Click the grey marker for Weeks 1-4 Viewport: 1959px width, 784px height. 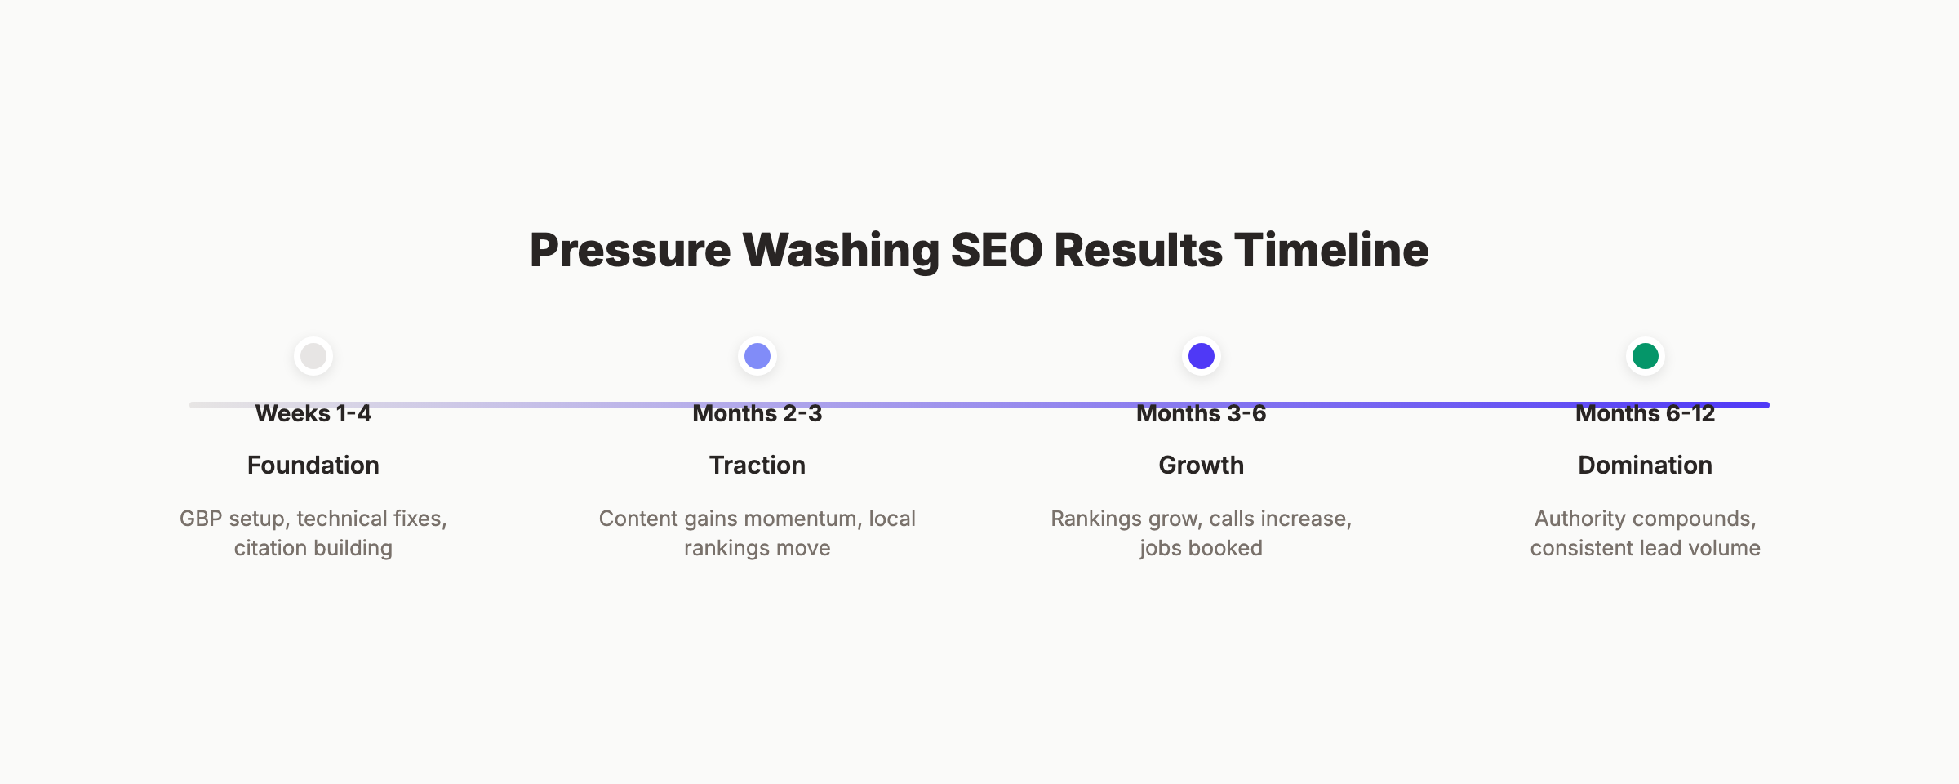313,356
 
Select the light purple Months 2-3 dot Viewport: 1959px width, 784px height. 757,356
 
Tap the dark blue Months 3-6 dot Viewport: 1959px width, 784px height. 1202,356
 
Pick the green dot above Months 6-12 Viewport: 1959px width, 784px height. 1646,356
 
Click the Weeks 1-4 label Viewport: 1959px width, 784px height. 313,414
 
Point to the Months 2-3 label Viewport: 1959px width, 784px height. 757,414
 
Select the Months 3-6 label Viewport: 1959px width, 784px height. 1202,414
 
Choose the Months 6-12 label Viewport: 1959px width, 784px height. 1646,414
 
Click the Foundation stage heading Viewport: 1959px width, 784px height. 313,465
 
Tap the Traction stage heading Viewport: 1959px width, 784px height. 757,465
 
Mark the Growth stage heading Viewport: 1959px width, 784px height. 1202,465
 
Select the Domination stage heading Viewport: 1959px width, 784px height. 1646,465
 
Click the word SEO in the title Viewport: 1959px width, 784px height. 997,250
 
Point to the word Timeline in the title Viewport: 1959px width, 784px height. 1331,250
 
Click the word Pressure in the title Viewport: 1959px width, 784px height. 629,250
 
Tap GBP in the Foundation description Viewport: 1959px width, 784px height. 201,519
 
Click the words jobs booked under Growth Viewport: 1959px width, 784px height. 1202,549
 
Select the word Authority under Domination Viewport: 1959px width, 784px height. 1580,519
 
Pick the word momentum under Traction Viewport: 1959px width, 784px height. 788,519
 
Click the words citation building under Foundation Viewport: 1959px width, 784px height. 313,549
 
